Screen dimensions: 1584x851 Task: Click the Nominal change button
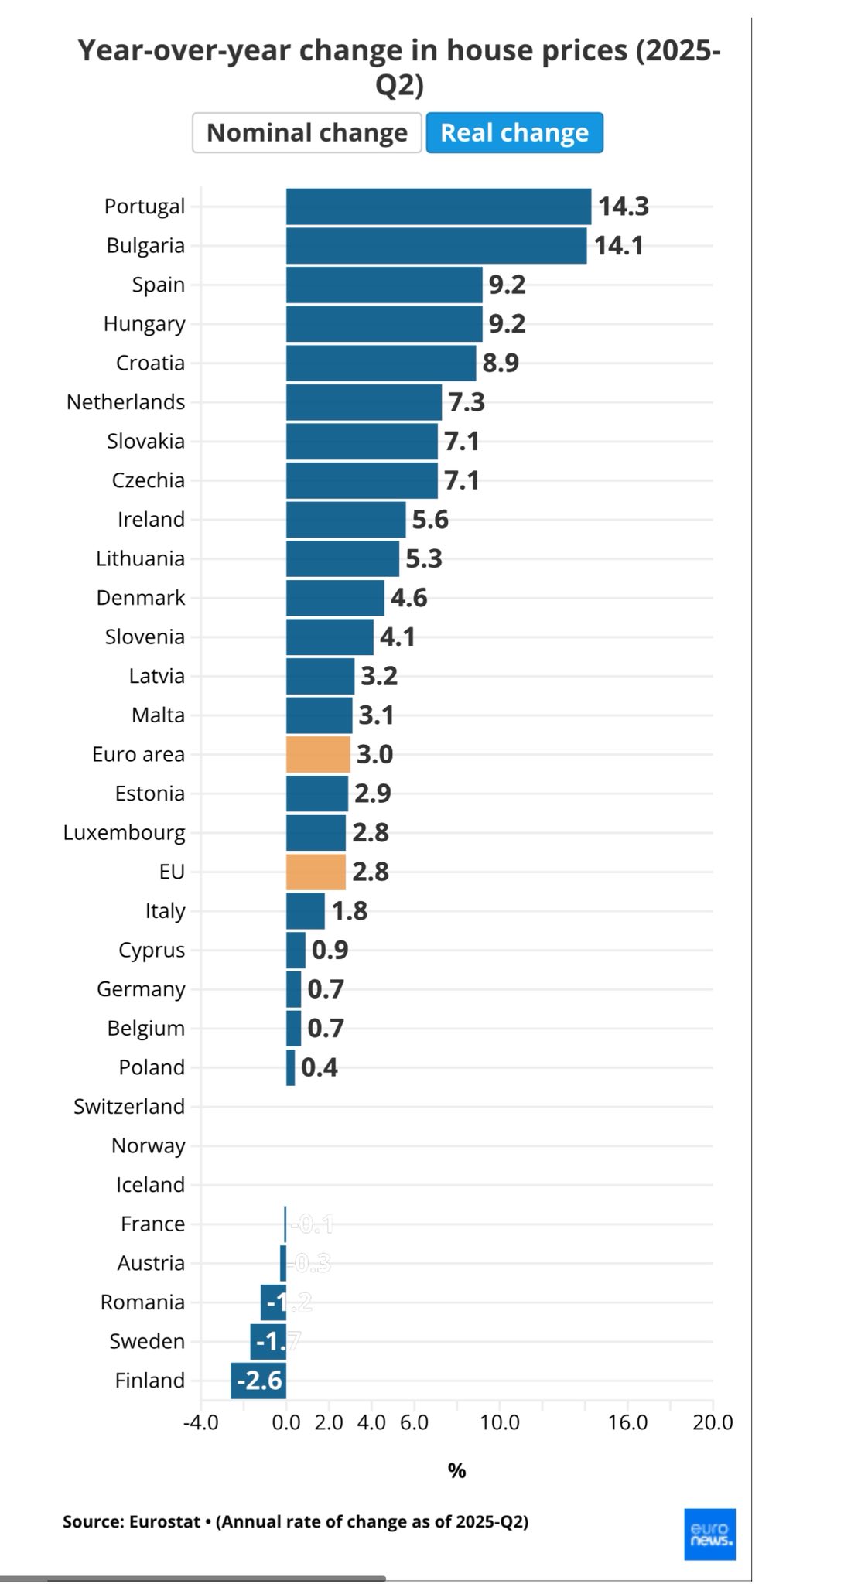306,133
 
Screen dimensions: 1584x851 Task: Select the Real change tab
514,133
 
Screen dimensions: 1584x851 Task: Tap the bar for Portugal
438,207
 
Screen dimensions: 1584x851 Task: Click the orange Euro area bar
318,754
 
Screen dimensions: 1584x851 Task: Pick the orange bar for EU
316,872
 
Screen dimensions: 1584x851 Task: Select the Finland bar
258,1381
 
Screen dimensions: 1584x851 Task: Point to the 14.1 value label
619,246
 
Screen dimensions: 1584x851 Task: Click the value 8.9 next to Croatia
501,364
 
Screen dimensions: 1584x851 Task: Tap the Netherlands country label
125,402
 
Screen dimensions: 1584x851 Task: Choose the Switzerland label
129,1107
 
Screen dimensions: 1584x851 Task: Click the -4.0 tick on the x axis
200,1422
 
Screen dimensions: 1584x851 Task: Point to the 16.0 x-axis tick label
627,1422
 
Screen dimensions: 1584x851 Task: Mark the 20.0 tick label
713,1422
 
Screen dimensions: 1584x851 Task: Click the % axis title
456,1471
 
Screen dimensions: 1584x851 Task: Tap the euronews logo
709,1534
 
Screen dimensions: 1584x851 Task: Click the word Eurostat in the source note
163,1521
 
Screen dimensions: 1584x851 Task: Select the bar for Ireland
346,520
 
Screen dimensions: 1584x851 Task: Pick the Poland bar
291,1067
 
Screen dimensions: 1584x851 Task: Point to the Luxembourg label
124,833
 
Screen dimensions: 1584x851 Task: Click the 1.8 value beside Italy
350,911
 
